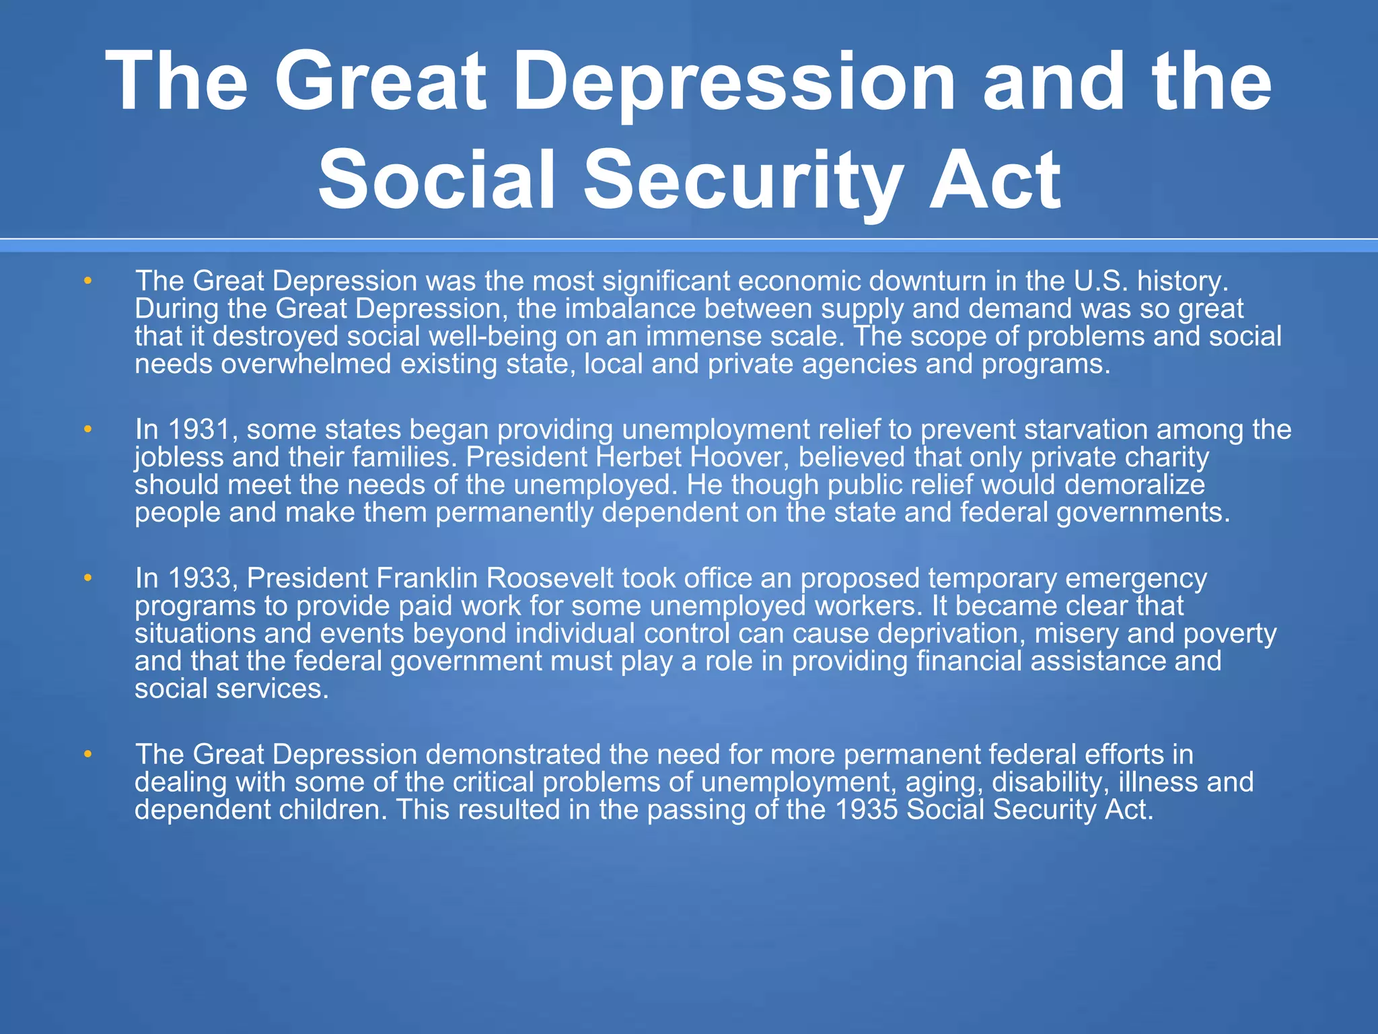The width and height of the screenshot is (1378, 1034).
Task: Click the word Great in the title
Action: [380, 82]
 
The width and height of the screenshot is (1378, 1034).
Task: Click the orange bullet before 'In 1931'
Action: [87, 429]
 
